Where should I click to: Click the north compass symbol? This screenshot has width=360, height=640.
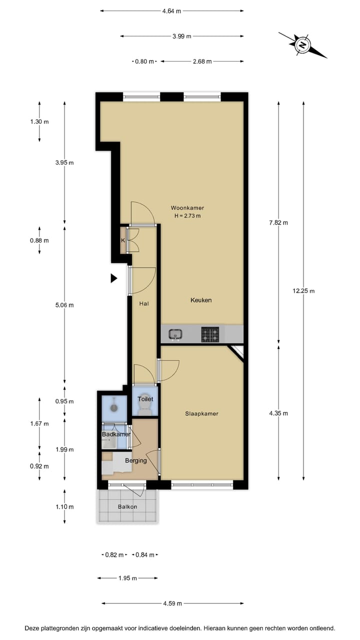point(302,45)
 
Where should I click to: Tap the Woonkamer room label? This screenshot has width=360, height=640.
point(187,207)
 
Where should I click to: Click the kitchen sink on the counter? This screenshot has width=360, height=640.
point(175,333)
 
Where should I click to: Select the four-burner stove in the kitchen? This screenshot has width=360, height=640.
point(210,334)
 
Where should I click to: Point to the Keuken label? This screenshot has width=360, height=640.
point(201,300)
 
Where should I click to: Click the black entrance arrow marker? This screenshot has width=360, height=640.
point(113,278)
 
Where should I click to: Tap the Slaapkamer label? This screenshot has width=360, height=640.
point(201,413)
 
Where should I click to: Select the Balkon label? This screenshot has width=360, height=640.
point(127,506)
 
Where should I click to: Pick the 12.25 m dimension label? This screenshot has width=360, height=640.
point(303,291)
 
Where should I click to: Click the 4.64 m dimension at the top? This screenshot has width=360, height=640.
point(171,10)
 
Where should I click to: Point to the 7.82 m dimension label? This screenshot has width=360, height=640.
point(278,222)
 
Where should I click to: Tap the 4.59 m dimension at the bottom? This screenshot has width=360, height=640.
point(172,603)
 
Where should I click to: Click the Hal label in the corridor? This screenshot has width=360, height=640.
point(144,303)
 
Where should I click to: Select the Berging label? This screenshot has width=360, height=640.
point(135,460)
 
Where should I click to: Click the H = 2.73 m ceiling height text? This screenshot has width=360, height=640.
point(187,216)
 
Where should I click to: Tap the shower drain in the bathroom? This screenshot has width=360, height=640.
point(114,407)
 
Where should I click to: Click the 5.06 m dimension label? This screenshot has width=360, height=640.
point(64,305)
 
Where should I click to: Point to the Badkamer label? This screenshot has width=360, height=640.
point(115,434)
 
